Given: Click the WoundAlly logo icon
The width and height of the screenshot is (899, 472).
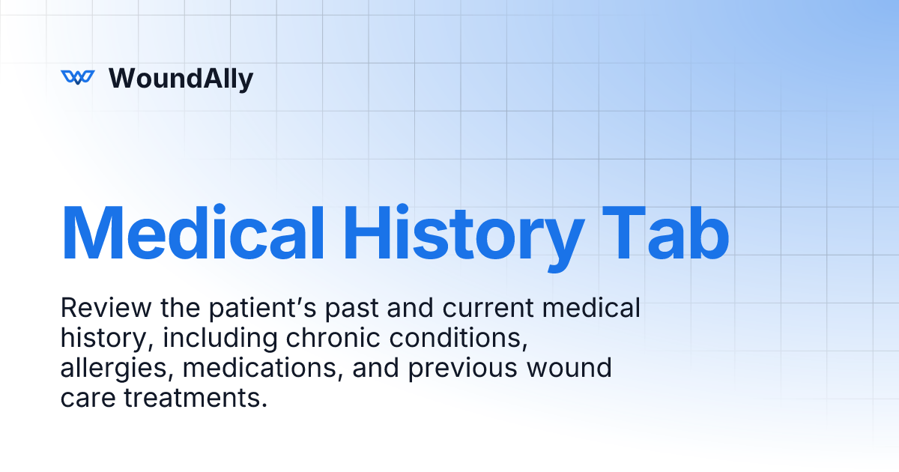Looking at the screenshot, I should [77, 77].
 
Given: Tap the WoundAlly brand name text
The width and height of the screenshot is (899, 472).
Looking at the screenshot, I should [181, 78].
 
